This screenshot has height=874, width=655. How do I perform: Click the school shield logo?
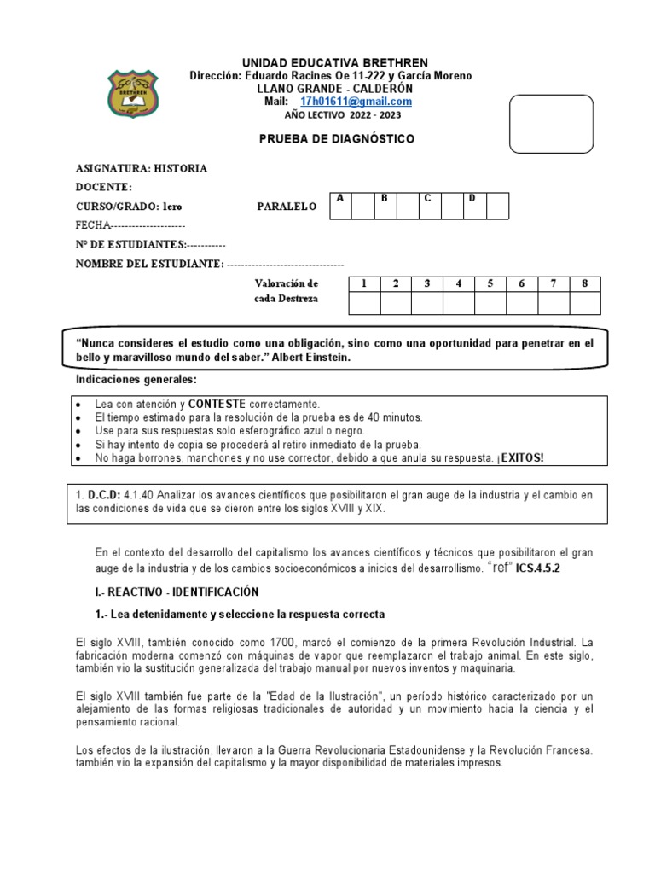[132, 94]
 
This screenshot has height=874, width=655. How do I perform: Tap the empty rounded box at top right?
[550, 124]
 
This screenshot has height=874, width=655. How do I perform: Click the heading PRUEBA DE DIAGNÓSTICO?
[336, 139]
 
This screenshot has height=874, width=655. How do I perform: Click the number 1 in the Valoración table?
[364, 284]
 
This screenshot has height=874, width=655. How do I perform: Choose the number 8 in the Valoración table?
[584, 284]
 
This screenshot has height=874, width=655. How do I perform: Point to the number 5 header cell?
[490, 284]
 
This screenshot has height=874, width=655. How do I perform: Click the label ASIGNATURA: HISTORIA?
[142, 169]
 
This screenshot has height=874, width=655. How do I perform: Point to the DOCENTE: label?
[104, 188]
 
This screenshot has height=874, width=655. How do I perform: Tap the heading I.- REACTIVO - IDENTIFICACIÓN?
[177, 591]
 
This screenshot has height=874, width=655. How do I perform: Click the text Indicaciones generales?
[136, 379]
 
